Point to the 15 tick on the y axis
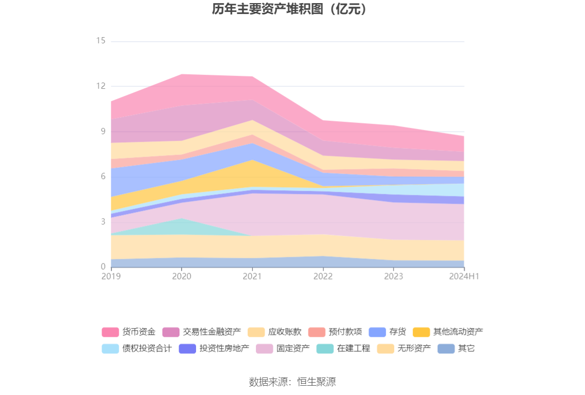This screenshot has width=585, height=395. point(101,41)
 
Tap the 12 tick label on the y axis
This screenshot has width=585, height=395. point(101,86)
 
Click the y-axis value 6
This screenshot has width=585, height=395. point(103,176)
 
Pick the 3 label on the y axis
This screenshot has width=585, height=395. point(103,222)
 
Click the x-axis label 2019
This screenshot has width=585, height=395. point(111,276)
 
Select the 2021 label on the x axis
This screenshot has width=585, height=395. point(252,276)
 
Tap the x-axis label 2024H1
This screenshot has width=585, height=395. point(464,276)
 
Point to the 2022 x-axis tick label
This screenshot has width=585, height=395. point(323,276)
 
